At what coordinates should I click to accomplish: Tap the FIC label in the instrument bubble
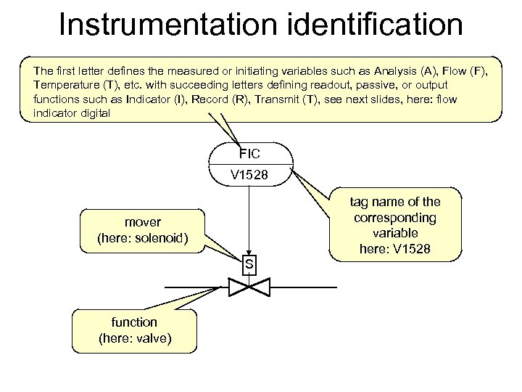coord(250,153)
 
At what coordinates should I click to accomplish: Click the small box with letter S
coord(249,264)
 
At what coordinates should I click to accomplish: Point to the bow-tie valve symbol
coord(249,287)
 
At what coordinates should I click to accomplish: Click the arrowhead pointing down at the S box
coord(249,251)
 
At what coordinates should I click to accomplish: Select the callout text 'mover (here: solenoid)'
coord(143,229)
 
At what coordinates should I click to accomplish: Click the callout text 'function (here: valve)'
coord(134,330)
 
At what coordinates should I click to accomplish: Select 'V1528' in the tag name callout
coord(413,249)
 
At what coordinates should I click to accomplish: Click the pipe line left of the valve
coord(196,287)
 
